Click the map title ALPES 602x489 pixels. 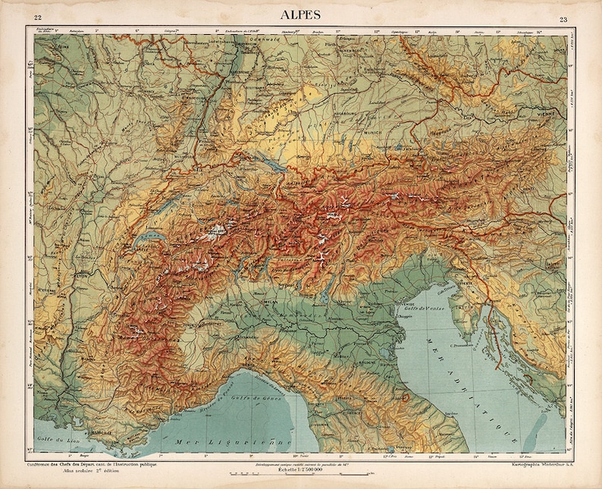click(301, 14)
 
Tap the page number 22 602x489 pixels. click(38, 18)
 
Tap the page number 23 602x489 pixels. click(563, 19)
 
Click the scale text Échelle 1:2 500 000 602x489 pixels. click(299, 470)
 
